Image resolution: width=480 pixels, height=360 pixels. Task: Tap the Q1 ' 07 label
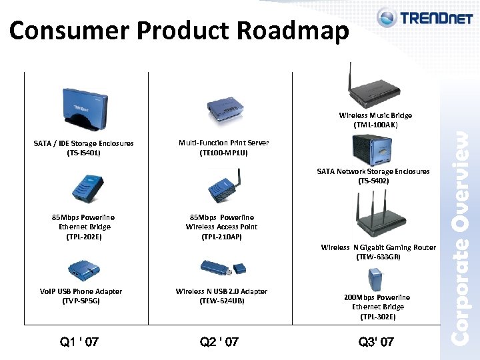[x=79, y=342]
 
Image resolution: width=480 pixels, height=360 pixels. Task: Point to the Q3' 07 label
[x=376, y=342]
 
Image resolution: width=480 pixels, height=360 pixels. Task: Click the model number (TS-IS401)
[x=84, y=153]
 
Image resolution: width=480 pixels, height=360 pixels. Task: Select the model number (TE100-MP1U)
[x=224, y=153]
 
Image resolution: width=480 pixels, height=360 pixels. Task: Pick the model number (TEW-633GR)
[x=378, y=257]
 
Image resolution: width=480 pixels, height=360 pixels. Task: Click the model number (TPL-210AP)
[x=221, y=237]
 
